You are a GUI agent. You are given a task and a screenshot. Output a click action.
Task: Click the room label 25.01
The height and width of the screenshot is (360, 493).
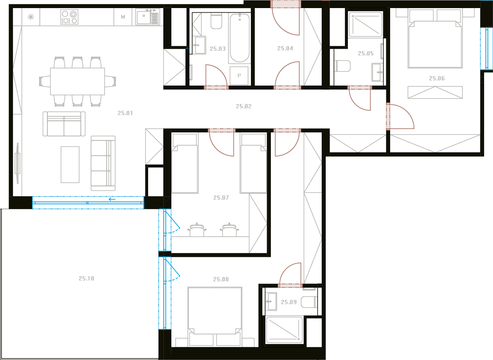coord(125,113)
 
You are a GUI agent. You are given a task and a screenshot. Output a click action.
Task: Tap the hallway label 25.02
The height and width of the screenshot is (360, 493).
coord(244,106)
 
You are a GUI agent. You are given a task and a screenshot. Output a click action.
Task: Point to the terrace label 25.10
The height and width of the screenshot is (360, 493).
coord(86,278)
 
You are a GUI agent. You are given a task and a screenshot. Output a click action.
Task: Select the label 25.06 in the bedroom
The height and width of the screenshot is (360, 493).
coord(437,78)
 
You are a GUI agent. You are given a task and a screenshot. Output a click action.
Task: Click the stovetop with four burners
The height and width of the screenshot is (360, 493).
coord(69,17)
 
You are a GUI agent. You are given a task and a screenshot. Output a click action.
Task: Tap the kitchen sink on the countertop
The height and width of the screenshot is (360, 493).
coord(147,16)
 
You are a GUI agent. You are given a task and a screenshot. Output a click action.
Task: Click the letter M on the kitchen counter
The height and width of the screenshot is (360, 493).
coord(123,17)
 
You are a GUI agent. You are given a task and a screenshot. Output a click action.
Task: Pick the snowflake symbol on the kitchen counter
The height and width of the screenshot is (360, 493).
coord(31,17)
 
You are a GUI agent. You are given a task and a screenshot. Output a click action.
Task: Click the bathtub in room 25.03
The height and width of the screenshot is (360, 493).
coord(240,38)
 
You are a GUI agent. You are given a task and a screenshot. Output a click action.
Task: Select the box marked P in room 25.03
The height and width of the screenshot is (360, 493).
coord(239,75)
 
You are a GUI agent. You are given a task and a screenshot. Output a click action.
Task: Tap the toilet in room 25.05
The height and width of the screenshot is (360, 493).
coord(342,66)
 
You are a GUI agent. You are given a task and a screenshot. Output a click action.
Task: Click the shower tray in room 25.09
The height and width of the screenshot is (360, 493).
coord(284,330)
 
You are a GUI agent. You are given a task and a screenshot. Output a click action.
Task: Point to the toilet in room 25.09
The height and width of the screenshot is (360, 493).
coord(309,302)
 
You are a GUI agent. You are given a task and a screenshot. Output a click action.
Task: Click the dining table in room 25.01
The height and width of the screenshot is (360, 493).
coord(77,81)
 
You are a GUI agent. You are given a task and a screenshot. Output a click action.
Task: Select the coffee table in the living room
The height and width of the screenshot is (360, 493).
coord(70,165)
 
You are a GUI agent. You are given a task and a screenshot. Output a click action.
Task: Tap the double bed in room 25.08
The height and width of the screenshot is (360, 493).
coord(215,316)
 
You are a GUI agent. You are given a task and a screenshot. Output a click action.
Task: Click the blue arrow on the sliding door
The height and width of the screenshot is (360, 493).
coord(112,199)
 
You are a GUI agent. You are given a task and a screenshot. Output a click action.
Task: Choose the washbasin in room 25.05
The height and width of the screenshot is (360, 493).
coord(377,72)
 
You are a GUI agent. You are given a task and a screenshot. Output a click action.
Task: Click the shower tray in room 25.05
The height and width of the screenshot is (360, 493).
coord(366,25)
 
